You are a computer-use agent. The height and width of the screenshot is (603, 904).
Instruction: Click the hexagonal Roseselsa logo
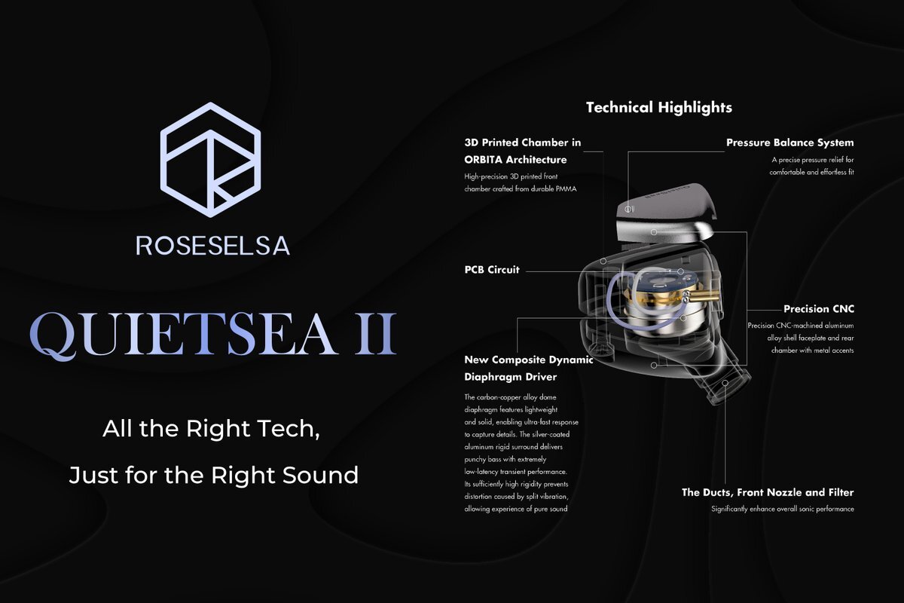click(x=210, y=160)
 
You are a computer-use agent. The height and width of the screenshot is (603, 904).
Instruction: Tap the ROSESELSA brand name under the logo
click(x=212, y=246)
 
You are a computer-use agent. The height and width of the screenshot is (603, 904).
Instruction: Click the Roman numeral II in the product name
click(x=375, y=334)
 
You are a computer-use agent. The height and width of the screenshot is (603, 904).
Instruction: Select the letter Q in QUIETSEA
click(x=54, y=336)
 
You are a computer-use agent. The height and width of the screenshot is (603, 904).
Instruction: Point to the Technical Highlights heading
click(x=659, y=108)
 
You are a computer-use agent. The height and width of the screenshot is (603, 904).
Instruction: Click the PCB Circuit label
click(x=491, y=270)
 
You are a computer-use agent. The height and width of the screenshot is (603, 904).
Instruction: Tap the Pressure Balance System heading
click(x=789, y=142)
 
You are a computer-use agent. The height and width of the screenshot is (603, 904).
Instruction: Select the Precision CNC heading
click(x=819, y=309)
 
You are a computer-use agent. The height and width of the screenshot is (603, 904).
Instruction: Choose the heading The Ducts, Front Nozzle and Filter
click(x=768, y=492)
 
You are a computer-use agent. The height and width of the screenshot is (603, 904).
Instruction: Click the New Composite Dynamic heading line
click(x=529, y=360)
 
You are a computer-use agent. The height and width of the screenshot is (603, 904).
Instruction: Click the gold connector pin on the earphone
click(x=704, y=295)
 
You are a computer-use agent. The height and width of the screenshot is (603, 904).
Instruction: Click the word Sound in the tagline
click(x=320, y=475)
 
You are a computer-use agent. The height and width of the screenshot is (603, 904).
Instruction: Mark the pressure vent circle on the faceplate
click(x=628, y=210)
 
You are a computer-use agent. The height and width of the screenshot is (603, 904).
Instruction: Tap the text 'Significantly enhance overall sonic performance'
click(x=783, y=509)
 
